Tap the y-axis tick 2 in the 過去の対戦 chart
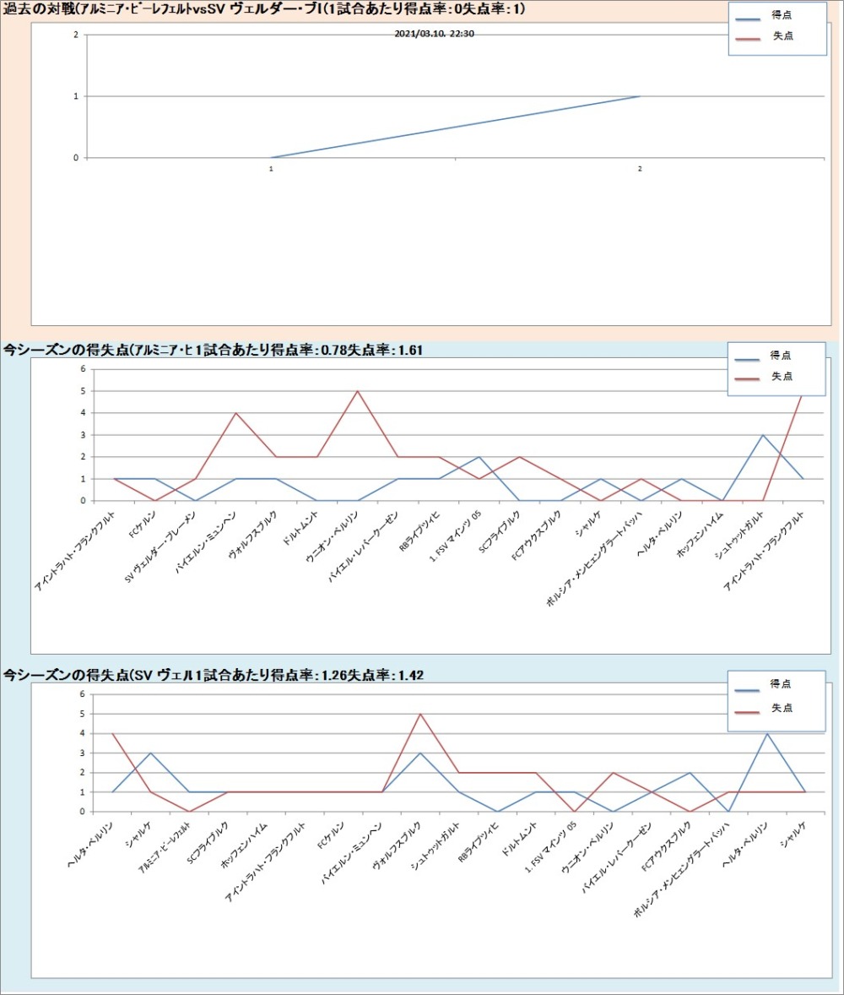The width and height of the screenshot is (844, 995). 76,35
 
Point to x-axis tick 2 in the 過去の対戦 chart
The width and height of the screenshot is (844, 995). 640,169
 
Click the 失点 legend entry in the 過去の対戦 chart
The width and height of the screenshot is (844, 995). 782,36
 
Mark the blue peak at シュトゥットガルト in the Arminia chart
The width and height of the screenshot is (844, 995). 762,435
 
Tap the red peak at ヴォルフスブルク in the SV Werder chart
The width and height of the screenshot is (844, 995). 420,714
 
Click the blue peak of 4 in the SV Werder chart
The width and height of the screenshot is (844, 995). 766,733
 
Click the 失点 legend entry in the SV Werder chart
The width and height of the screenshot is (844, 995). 782,708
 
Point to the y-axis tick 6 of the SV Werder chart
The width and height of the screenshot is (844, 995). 83,694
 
